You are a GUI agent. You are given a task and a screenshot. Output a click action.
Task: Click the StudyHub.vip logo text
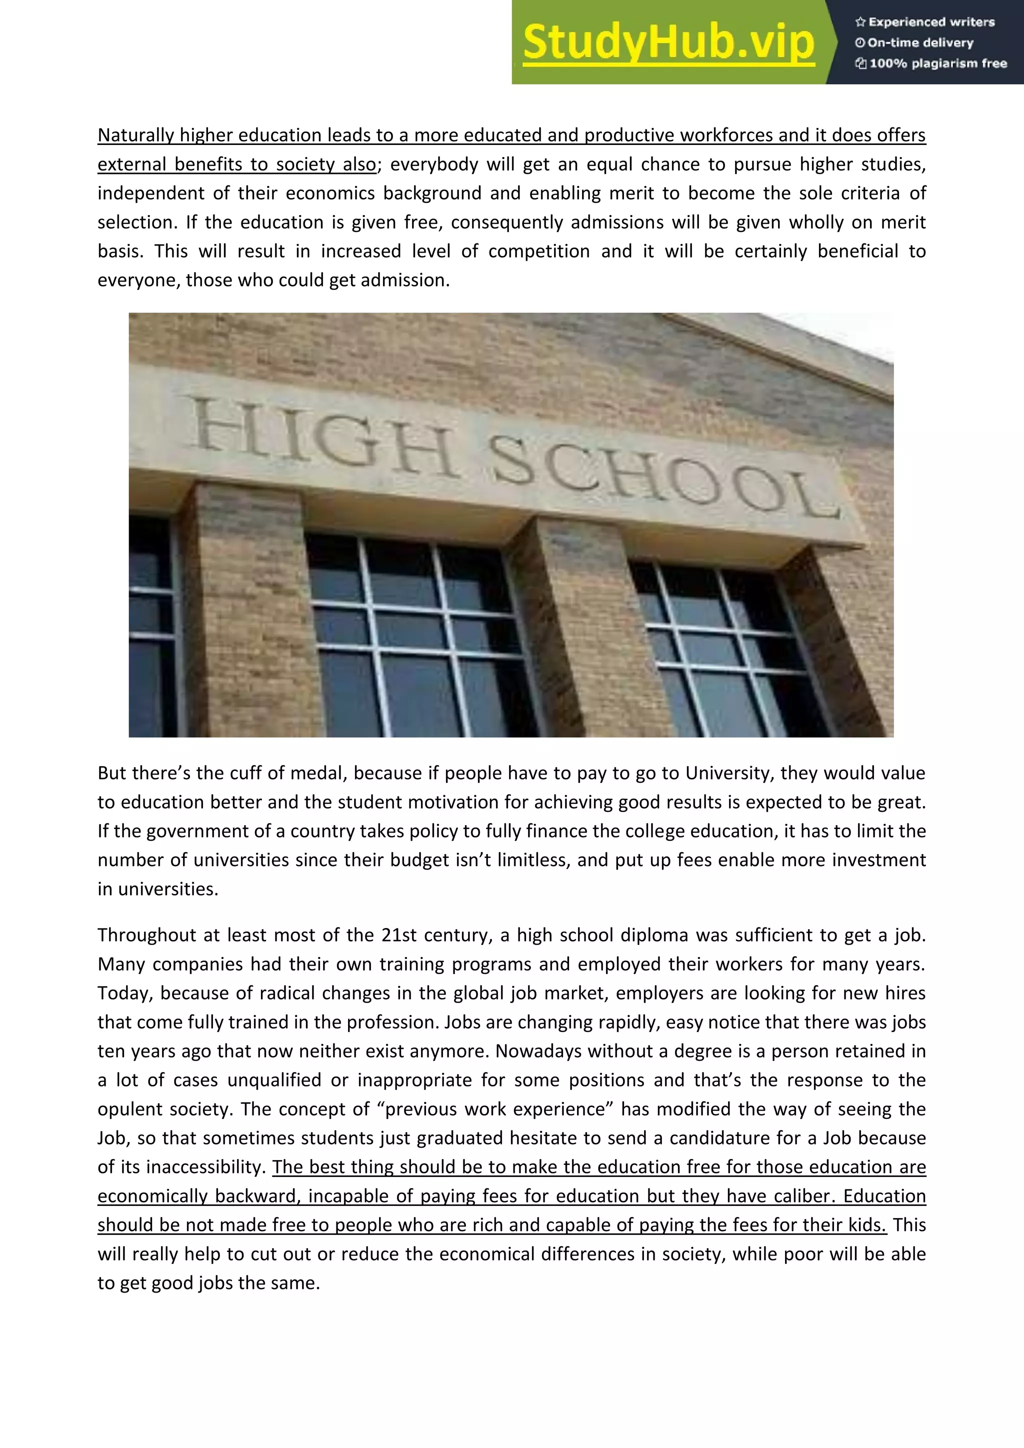pyautogui.click(x=668, y=41)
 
